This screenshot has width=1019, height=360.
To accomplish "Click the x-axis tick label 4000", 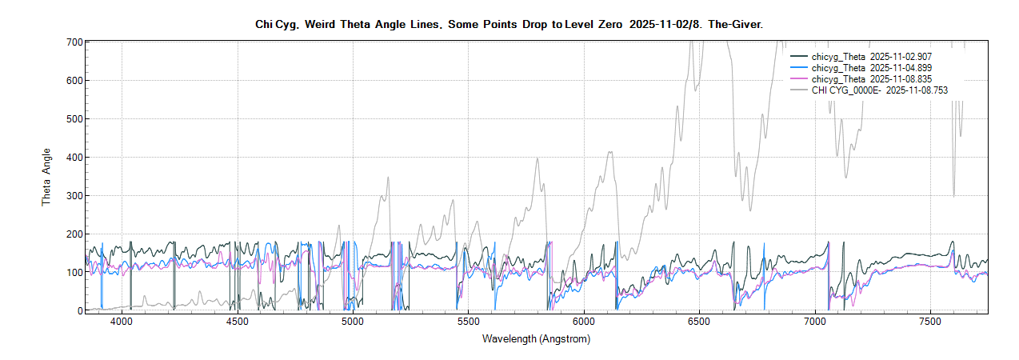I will pos(121,322).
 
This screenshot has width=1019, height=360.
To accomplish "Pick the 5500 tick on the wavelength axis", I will pos(468,322).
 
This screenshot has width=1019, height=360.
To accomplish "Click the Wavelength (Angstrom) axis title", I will pos(536,339).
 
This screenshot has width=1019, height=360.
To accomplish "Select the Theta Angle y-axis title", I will pos(46,176).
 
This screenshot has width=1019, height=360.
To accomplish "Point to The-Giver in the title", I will pos(736,25).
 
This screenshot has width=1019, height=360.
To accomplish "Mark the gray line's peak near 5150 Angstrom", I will pos(387,177).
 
